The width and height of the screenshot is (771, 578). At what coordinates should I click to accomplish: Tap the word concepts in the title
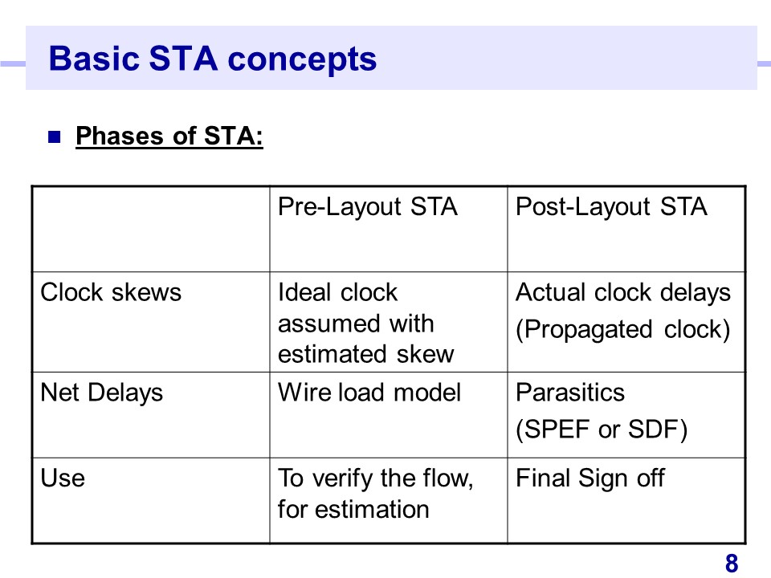(x=302, y=60)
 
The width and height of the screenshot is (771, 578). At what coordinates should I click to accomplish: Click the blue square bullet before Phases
(x=54, y=136)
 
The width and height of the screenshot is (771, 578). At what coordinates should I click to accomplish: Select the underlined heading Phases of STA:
(x=169, y=136)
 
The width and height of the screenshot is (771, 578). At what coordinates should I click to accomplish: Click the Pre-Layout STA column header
(x=368, y=207)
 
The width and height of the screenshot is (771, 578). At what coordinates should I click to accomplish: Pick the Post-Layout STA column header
(x=611, y=207)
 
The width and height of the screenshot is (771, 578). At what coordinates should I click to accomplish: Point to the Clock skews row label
(x=111, y=292)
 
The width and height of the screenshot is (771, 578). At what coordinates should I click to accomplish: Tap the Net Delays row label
(x=102, y=393)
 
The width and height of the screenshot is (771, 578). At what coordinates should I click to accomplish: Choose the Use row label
(x=63, y=478)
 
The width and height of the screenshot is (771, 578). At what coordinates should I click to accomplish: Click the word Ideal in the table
(x=304, y=292)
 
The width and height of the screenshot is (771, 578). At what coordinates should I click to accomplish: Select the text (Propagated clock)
(x=623, y=330)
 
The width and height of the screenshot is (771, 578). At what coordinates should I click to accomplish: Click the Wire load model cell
(x=369, y=393)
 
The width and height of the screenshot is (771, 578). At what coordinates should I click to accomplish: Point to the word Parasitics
(x=570, y=393)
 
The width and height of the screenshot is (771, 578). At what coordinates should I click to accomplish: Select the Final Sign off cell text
(x=590, y=478)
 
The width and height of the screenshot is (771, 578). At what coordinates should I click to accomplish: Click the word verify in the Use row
(x=343, y=478)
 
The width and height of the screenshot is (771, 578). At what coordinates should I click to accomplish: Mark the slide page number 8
(x=732, y=564)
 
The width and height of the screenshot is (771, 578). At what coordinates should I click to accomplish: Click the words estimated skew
(x=366, y=354)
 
